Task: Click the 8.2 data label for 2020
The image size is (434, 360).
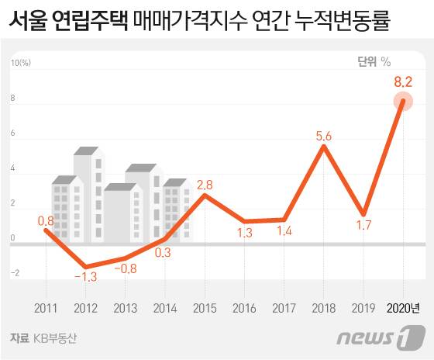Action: pyautogui.click(x=402, y=81)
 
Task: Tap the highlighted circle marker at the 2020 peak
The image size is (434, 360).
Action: pyautogui.click(x=402, y=101)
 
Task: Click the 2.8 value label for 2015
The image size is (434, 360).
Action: pyautogui.click(x=205, y=185)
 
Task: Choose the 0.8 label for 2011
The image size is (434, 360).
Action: pyautogui.click(x=46, y=220)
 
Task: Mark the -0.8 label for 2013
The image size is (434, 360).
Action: pyautogui.click(x=125, y=268)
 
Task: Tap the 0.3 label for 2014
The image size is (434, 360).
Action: pyautogui.click(x=164, y=251)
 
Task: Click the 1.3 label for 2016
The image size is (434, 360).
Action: pyautogui.click(x=244, y=233)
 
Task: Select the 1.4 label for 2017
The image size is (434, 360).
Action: pyautogui.click(x=284, y=231)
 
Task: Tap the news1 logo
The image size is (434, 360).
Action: pyautogui.click(x=382, y=338)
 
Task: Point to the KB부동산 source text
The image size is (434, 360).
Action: pyautogui.click(x=56, y=338)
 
